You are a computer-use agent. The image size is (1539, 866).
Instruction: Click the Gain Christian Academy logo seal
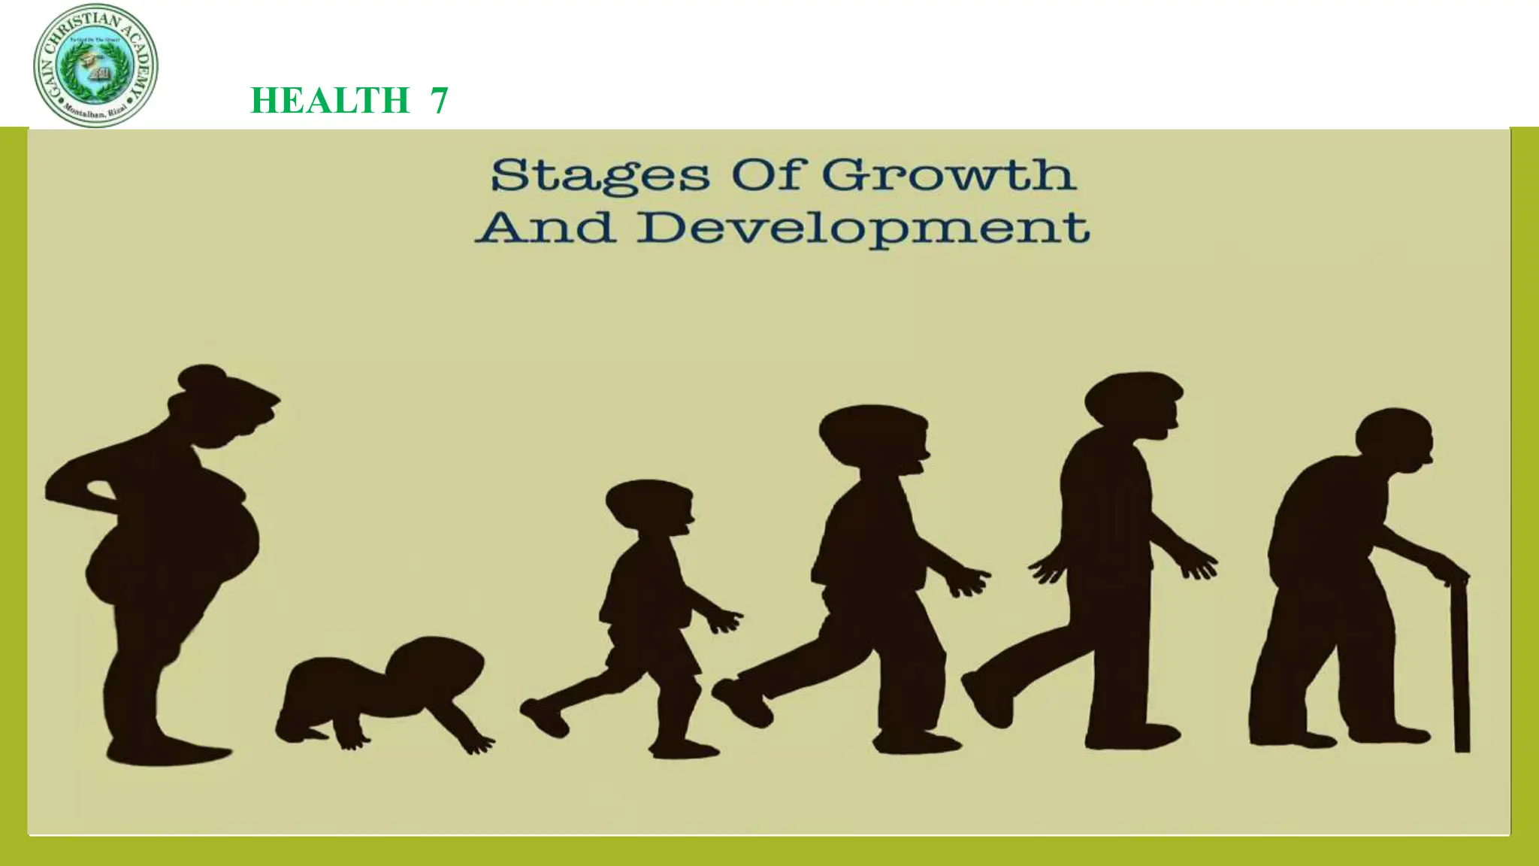point(95,65)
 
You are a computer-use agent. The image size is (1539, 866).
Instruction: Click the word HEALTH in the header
point(329,101)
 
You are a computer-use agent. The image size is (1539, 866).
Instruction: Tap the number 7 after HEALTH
point(439,101)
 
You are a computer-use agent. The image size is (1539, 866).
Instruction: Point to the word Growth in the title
point(948,176)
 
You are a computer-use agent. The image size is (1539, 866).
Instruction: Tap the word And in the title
point(545,227)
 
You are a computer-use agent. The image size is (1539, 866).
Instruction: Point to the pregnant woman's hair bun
point(201,378)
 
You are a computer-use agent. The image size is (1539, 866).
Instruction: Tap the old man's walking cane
point(1461,662)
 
